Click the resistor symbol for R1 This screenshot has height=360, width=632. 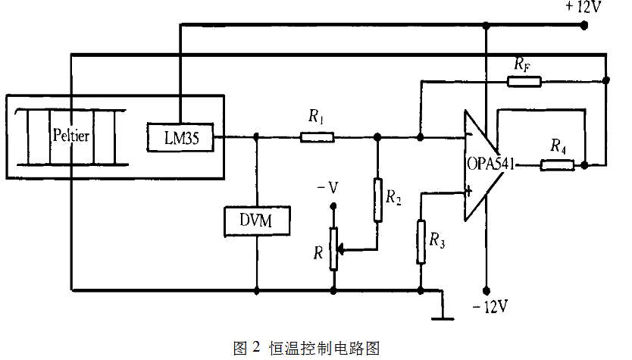[x=317, y=137]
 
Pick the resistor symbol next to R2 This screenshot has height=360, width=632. [x=377, y=199]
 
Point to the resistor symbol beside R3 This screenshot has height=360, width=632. [x=420, y=241]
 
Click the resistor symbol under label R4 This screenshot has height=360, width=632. [x=558, y=164]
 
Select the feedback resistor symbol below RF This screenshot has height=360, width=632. [x=523, y=80]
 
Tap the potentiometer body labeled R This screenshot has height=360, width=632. [x=333, y=249]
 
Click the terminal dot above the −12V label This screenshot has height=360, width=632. [x=487, y=290]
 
